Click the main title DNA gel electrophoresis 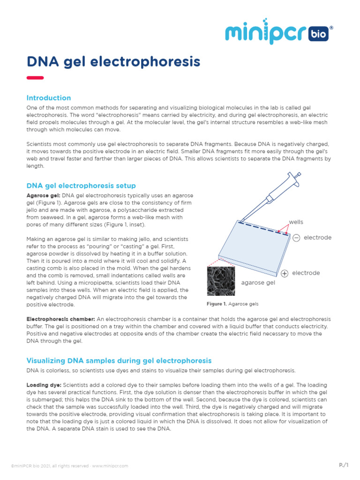coord(113,61)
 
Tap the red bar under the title coord(35,78)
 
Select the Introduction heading coord(49,98)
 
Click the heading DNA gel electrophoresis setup coord(81,186)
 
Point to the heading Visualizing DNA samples coord(119,360)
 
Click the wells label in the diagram coord(296,222)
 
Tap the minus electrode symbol coord(296,238)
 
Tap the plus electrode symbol coord(285,273)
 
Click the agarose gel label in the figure coord(258,283)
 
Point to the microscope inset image coord(221,282)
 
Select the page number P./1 coord(344,465)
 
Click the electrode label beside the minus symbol coord(317,238)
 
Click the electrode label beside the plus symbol coord(306,273)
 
